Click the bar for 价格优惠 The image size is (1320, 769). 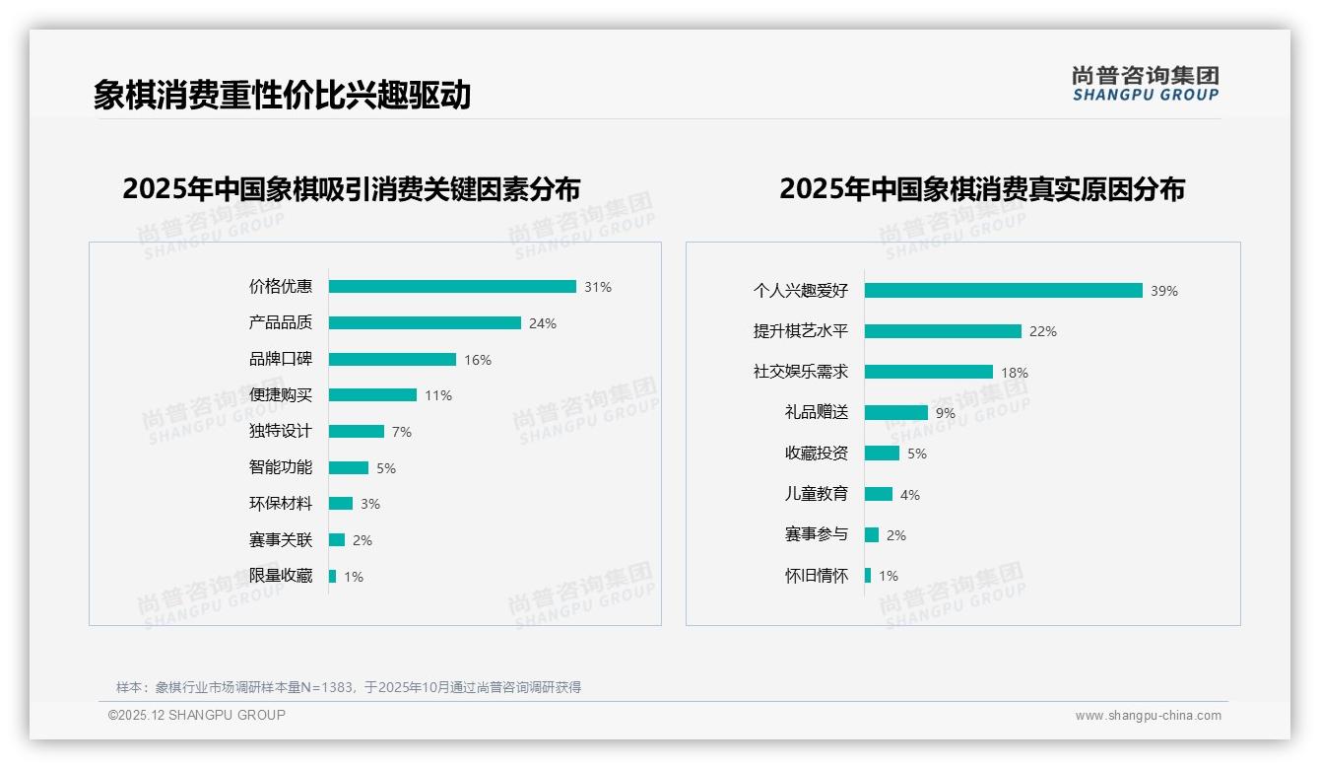tap(452, 287)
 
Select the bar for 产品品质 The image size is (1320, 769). tap(425, 323)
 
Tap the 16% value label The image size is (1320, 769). tap(478, 360)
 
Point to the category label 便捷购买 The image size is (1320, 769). tap(281, 395)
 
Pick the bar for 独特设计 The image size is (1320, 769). tap(357, 432)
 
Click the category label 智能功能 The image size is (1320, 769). tap(281, 467)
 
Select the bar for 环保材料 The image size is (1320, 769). tap(341, 504)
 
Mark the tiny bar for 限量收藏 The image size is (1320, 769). tap(333, 576)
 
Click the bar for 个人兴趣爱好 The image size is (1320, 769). tap(1003, 291)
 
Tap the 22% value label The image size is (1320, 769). tap(1042, 331)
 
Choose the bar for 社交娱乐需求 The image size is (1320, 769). tap(929, 372)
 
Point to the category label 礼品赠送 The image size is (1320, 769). tap(817, 413)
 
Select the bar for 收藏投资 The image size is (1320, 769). tap(883, 454)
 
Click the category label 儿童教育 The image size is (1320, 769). tap(817, 494)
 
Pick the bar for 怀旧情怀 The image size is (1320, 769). tap(868, 576)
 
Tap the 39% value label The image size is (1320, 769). tap(1164, 291)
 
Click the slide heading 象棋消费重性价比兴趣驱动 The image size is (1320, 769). tap(283, 95)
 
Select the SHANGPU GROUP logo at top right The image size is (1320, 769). tap(1146, 84)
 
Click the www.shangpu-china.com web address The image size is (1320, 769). tap(1148, 716)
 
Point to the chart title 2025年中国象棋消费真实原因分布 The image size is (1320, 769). tap(982, 188)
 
